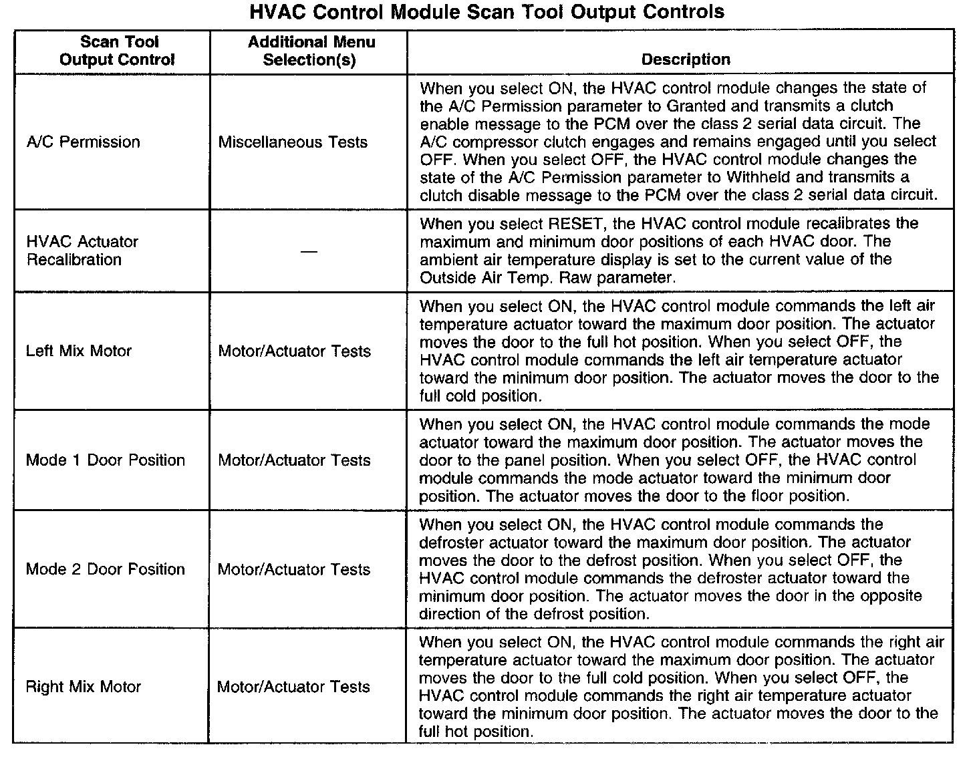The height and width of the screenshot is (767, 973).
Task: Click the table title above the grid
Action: click(x=486, y=12)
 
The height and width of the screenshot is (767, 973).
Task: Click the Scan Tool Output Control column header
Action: click(x=118, y=51)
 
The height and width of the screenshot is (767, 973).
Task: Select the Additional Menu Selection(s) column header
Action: click(x=311, y=51)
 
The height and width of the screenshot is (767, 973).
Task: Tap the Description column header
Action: click(x=685, y=59)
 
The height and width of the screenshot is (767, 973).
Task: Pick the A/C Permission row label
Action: click(x=83, y=142)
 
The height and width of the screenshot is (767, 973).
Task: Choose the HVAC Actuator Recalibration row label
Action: click(x=82, y=251)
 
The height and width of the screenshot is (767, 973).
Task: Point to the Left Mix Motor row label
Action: click(x=79, y=351)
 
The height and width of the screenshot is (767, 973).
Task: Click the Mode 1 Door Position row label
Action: click(x=105, y=460)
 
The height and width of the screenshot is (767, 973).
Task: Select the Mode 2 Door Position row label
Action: click(x=105, y=569)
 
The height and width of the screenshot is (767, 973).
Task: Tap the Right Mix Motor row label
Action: click(x=83, y=687)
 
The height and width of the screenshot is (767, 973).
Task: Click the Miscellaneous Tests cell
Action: click(x=293, y=142)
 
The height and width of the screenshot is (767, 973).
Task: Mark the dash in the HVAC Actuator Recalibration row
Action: click(x=308, y=251)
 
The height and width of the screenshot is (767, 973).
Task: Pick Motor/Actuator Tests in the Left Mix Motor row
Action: click(x=294, y=351)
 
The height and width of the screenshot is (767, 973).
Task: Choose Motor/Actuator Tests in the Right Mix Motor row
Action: click(x=293, y=687)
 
